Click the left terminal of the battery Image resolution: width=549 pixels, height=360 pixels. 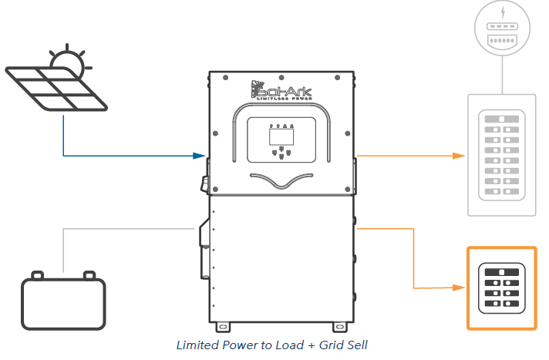37,274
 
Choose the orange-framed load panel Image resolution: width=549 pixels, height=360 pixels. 501,288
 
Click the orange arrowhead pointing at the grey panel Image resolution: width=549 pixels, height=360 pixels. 460,156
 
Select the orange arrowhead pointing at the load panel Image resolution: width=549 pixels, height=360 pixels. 460,288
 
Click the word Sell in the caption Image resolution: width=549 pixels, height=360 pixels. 357,345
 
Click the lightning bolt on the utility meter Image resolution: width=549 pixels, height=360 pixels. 502,13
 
